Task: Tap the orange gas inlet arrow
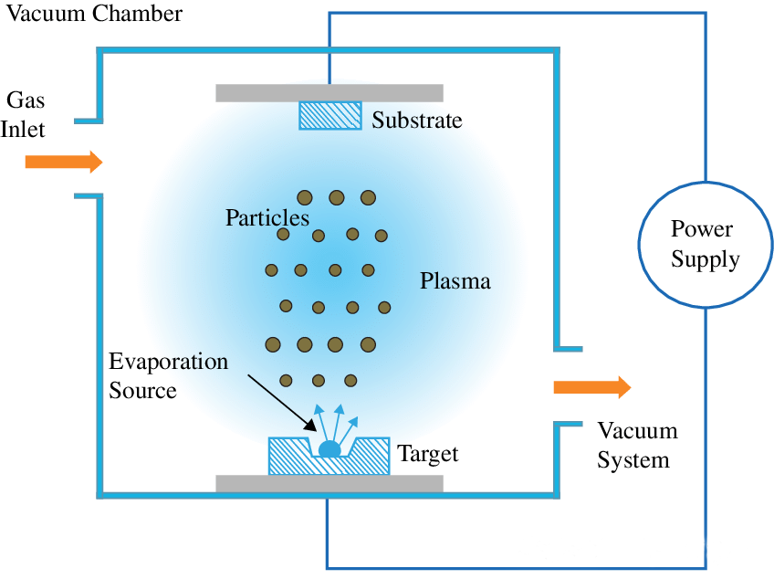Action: [64, 162]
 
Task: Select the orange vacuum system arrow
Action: [592, 387]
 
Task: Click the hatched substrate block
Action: [330, 116]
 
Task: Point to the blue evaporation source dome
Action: [329, 449]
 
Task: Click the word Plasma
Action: [455, 281]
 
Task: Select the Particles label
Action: [267, 217]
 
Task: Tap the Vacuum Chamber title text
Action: [94, 14]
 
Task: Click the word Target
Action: [428, 454]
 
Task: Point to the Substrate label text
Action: [416, 120]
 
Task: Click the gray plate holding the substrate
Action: [329, 93]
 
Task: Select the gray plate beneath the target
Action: [329, 484]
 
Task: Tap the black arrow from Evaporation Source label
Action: [282, 403]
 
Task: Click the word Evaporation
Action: [168, 362]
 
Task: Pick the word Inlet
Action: [23, 130]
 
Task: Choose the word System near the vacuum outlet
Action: [633, 460]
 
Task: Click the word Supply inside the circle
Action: [706, 259]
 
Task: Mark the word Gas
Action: [26, 100]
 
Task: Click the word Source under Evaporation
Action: [142, 390]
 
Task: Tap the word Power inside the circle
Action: [701, 228]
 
